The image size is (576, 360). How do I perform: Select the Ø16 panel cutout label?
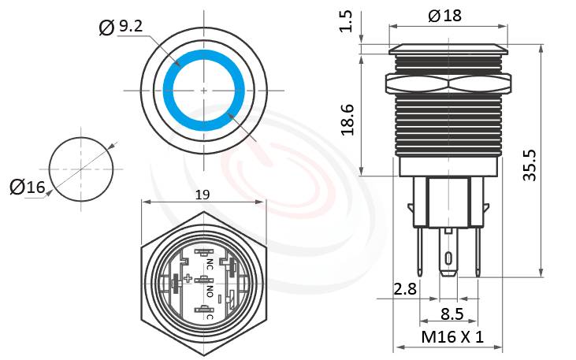[x=28, y=187]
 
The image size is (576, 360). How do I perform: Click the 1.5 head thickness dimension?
[x=345, y=22]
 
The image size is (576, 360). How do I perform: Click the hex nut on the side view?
[x=447, y=82]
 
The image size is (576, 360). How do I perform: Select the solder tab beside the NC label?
[x=203, y=254]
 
